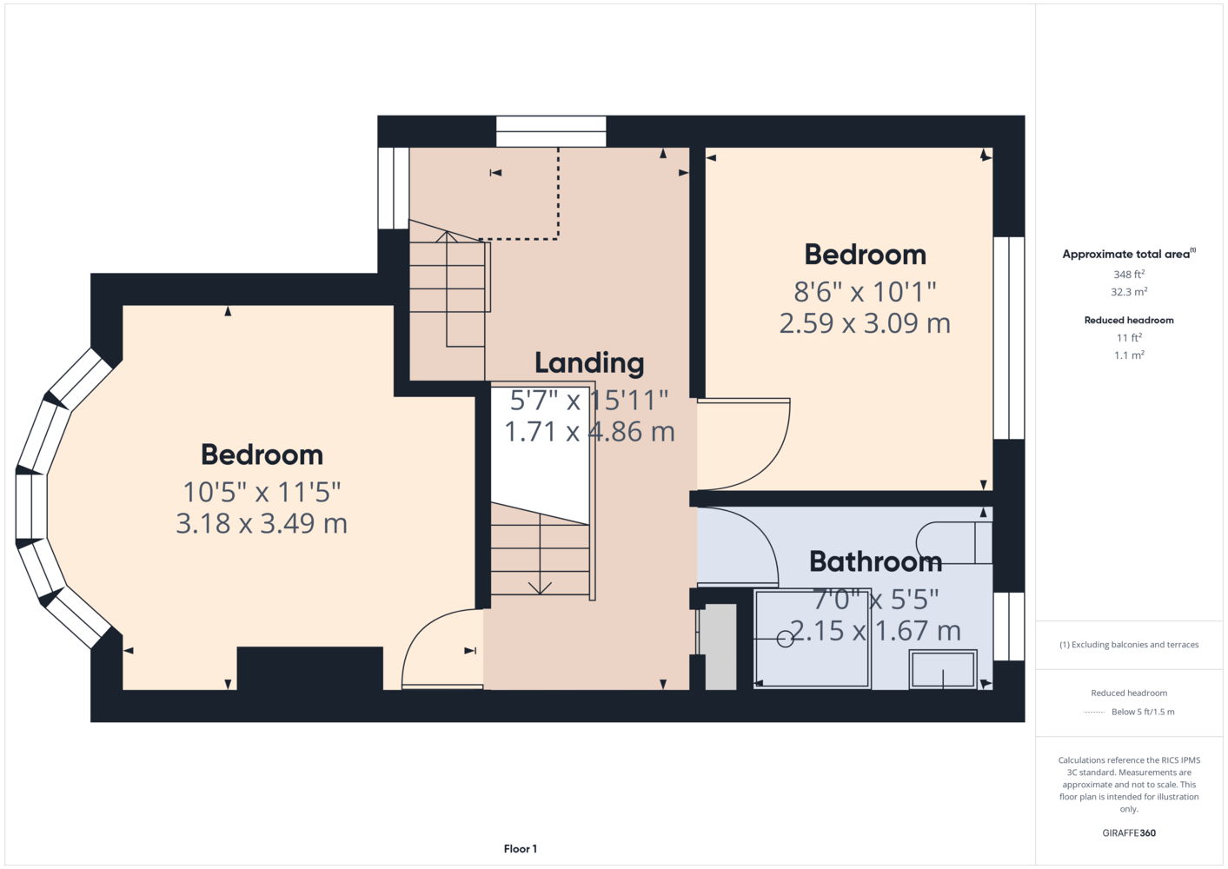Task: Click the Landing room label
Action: point(589,363)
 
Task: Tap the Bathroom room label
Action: point(875,561)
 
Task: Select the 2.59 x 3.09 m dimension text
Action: point(865,323)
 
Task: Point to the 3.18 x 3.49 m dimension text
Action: point(262,523)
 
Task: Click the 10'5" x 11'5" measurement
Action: point(262,492)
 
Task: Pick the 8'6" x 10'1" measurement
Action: point(865,292)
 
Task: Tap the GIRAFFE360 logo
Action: point(1129,833)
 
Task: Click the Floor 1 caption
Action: point(521,849)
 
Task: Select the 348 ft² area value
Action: point(1129,274)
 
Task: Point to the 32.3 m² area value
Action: point(1129,292)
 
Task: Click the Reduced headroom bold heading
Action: point(1129,320)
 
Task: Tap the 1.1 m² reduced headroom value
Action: point(1129,355)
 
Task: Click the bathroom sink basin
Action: point(943,669)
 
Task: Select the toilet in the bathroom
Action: point(954,543)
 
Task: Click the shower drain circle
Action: point(785,639)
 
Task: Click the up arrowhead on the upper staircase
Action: point(447,237)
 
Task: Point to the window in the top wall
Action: point(551,131)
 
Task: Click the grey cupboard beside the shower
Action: point(720,647)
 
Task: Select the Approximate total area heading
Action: point(1129,254)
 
